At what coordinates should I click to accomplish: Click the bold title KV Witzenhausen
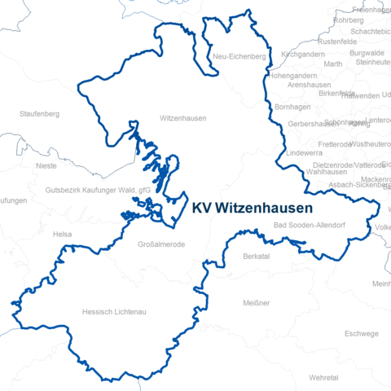tap(253, 208)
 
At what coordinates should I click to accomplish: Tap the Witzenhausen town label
tap(183, 118)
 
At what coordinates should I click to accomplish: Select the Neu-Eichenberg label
tap(239, 56)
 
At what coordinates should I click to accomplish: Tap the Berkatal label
tap(257, 256)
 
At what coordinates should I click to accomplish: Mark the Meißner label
tap(256, 303)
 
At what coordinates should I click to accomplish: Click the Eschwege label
tap(362, 333)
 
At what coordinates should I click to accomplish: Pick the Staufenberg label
tap(41, 113)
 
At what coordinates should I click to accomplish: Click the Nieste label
tap(46, 165)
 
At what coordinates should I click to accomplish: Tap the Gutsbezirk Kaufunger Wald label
tap(99, 190)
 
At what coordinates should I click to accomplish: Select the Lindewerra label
tap(305, 152)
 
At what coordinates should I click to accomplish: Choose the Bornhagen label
tap(293, 107)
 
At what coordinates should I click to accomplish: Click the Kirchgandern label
tap(302, 53)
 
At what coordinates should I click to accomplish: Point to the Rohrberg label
tap(349, 20)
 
